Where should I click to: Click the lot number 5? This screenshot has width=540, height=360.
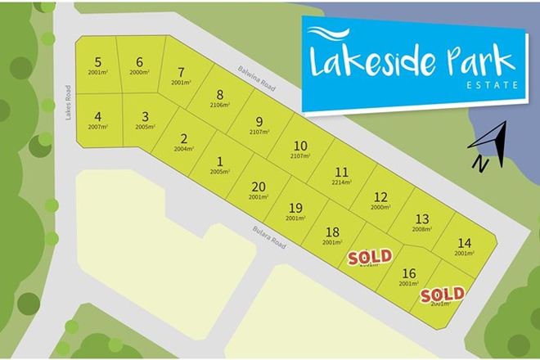pyautogui.click(x=98, y=62)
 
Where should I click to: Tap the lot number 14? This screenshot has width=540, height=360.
pyautogui.click(x=464, y=242)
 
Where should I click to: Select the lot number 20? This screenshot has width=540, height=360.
pyautogui.click(x=259, y=187)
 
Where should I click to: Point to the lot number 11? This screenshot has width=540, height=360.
pyautogui.click(x=341, y=172)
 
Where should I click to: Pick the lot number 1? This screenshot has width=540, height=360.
pyautogui.click(x=220, y=161)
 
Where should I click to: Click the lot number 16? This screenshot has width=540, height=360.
pyautogui.click(x=410, y=273)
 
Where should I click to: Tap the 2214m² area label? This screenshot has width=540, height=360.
pyautogui.click(x=341, y=183)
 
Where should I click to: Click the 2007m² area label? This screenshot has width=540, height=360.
pyautogui.click(x=97, y=128)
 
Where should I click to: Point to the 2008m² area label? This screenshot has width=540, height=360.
pyautogui.click(x=421, y=230)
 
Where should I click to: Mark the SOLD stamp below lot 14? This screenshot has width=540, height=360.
pyautogui.click(x=443, y=294)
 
